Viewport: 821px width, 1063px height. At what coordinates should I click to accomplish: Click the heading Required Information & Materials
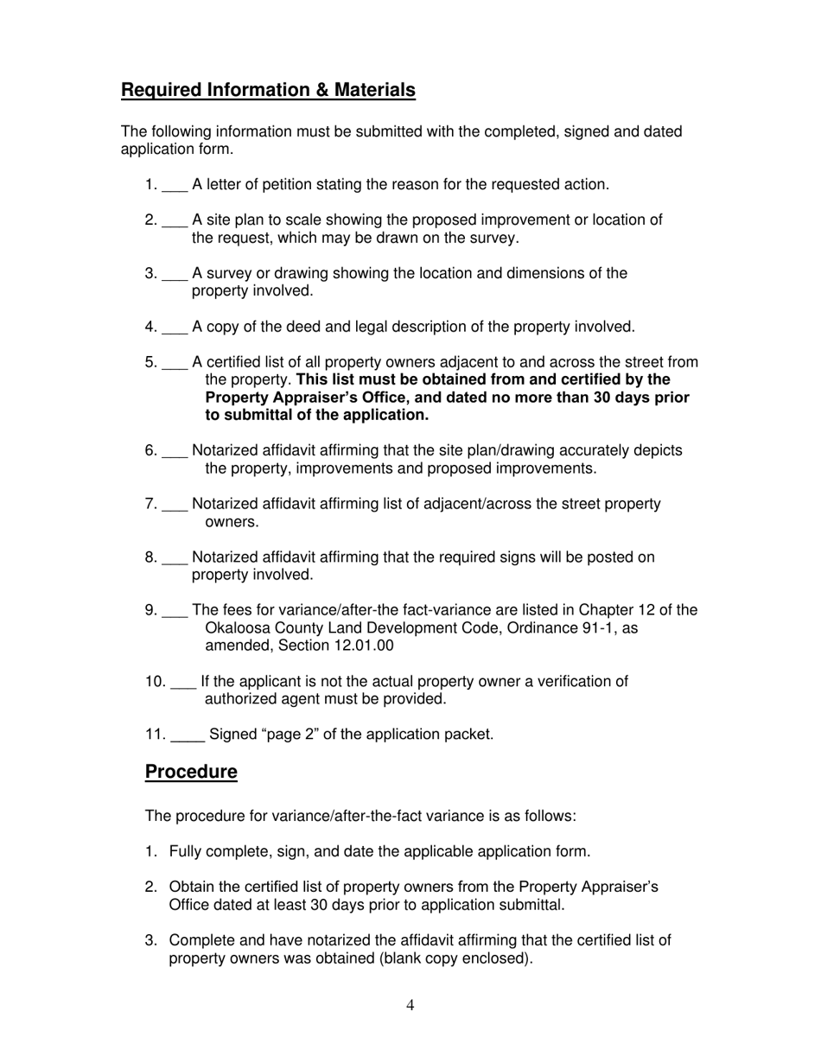pyautogui.click(x=268, y=90)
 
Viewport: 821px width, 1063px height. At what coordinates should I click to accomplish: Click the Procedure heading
pyautogui.click(x=191, y=772)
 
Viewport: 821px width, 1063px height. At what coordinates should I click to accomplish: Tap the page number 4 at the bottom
pyautogui.click(x=410, y=1004)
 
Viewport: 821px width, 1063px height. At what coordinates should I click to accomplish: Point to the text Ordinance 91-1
pyautogui.click(x=585, y=628)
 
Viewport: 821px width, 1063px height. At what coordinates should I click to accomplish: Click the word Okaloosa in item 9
pyautogui.click(x=239, y=628)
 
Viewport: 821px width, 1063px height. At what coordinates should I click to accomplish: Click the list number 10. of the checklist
pyautogui.click(x=156, y=682)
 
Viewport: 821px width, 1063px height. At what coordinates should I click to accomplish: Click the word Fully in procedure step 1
pyautogui.click(x=185, y=852)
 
